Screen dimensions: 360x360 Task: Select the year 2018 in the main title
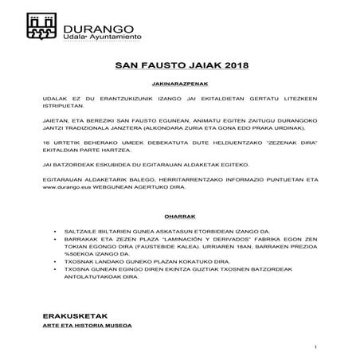235,65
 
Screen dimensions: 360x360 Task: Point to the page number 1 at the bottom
316,346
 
